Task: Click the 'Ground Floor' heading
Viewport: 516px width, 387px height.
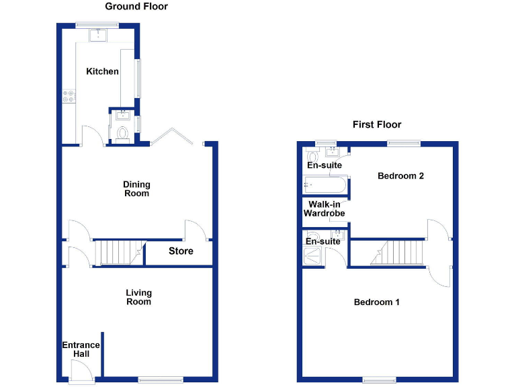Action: click(x=136, y=7)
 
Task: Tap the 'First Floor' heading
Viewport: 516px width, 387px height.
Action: click(x=377, y=124)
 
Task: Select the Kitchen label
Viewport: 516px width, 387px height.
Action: click(x=102, y=71)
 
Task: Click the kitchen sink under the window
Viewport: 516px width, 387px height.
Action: click(x=99, y=34)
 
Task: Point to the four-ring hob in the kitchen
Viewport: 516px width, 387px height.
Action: click(x=69, y=97)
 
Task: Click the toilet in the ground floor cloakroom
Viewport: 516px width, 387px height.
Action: click(x=122, y=134)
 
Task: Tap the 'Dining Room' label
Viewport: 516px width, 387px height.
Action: click(x=136, y=189)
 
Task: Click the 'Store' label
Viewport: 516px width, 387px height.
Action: click(x=181, y=251)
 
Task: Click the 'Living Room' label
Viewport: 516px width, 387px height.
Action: click(x=139, y=297)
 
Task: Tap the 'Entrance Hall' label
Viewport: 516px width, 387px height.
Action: click(x=81, y=349)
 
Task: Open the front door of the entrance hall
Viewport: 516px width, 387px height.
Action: click(x=81, y=371)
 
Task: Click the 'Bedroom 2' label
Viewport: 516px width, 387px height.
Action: click(x=400, y=176)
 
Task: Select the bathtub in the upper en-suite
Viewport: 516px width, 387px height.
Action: click(x=325, y=185)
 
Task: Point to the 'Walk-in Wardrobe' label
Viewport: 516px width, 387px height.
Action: click(x=324, y=209)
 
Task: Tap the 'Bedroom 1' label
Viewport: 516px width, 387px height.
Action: click(x=377, y=302)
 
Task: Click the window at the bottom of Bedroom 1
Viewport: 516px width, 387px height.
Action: click(x=380, y=380)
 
